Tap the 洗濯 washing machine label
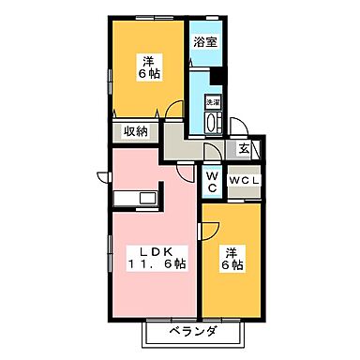click(213, 101)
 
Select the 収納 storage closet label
click(137, 132)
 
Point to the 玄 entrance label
click(244, 147)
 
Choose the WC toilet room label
click(213, 180)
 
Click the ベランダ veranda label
click(194, 332)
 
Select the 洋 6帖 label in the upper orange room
click(147, 62)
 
